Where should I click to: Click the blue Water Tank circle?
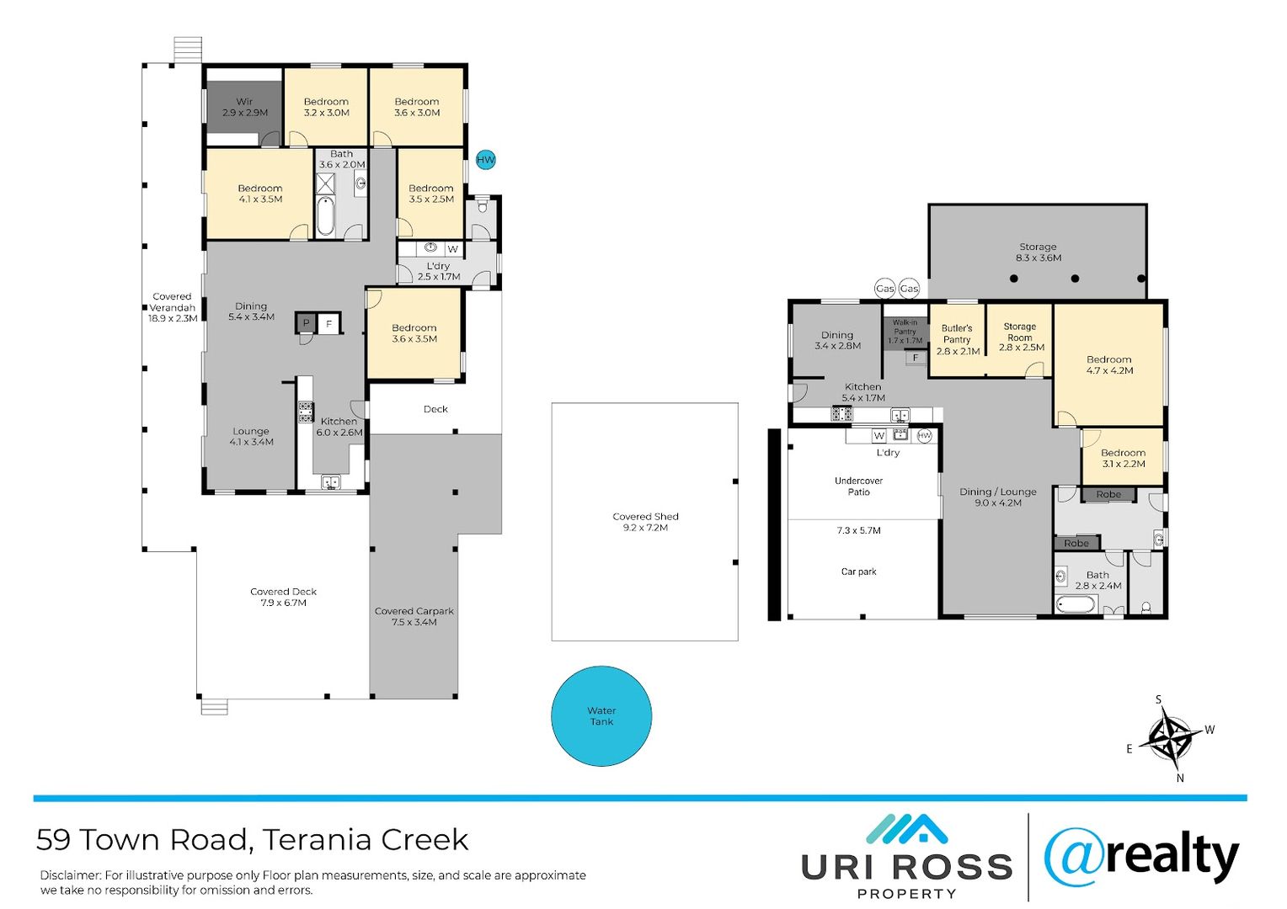(x=601, y=716)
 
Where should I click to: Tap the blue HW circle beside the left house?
(x=486, y=160)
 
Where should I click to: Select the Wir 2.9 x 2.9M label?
(x=244, y=107)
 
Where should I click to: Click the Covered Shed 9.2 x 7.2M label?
(x=645, y=522)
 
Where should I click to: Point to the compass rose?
(x=1170, y=738)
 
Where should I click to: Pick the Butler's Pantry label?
(x=957, y=339)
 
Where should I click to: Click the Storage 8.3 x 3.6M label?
(x=1038, y=252)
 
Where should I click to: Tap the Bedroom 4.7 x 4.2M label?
(x=1109, y=364)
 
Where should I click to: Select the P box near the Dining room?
(x=306, y=323)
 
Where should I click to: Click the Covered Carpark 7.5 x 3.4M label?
(x=414, y=616)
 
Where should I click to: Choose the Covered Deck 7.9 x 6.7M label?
(x=283, y=597)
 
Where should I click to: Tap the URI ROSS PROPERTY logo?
(x=906, y=858)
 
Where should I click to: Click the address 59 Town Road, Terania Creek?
(x=252, y=840)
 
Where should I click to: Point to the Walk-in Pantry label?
(x=905, y=332)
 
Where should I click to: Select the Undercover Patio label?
(x=858, y=486)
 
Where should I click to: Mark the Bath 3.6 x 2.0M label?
(x=342, y=159)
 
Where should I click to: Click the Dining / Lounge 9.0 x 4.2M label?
(x=998, y=497)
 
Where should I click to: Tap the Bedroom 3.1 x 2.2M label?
(x=1123, y=458)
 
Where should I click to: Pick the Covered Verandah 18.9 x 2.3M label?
(x=173, y=307)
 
